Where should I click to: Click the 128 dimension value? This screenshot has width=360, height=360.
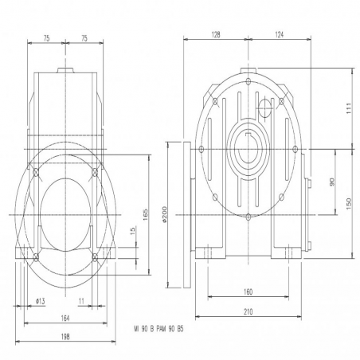pos(216,34)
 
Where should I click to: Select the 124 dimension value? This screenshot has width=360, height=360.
pos(280,34)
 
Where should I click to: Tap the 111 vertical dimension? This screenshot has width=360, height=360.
pos(349,108)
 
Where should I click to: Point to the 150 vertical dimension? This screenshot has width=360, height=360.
pos(349,203)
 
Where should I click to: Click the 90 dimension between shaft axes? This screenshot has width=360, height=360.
pos(332,182)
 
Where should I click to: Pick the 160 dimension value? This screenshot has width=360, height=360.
pos(248,292)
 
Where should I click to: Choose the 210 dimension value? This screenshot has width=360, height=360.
pos(248,311)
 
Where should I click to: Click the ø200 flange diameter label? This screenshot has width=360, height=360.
pos(164,214)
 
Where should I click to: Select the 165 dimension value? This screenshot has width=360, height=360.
pos(146,214)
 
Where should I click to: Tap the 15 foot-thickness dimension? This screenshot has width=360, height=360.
pos(133,230)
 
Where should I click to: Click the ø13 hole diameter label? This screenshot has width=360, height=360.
pos(40,301)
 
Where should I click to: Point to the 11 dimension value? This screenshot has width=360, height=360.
pos(81,301)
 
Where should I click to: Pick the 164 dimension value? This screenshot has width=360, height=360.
pos(65,318)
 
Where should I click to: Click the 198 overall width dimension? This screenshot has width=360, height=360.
pos(65,337)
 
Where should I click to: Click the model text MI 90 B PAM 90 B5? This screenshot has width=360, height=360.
pos(158,329)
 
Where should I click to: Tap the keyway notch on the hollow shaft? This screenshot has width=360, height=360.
pos(248,134)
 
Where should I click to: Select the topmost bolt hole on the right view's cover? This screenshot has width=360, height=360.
pos(248,81)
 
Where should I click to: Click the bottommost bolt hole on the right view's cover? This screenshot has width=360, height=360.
pos(248,217)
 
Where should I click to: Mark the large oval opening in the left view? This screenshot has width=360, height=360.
pos(65,214)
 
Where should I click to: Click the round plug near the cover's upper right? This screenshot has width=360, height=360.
pos(264,108)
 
